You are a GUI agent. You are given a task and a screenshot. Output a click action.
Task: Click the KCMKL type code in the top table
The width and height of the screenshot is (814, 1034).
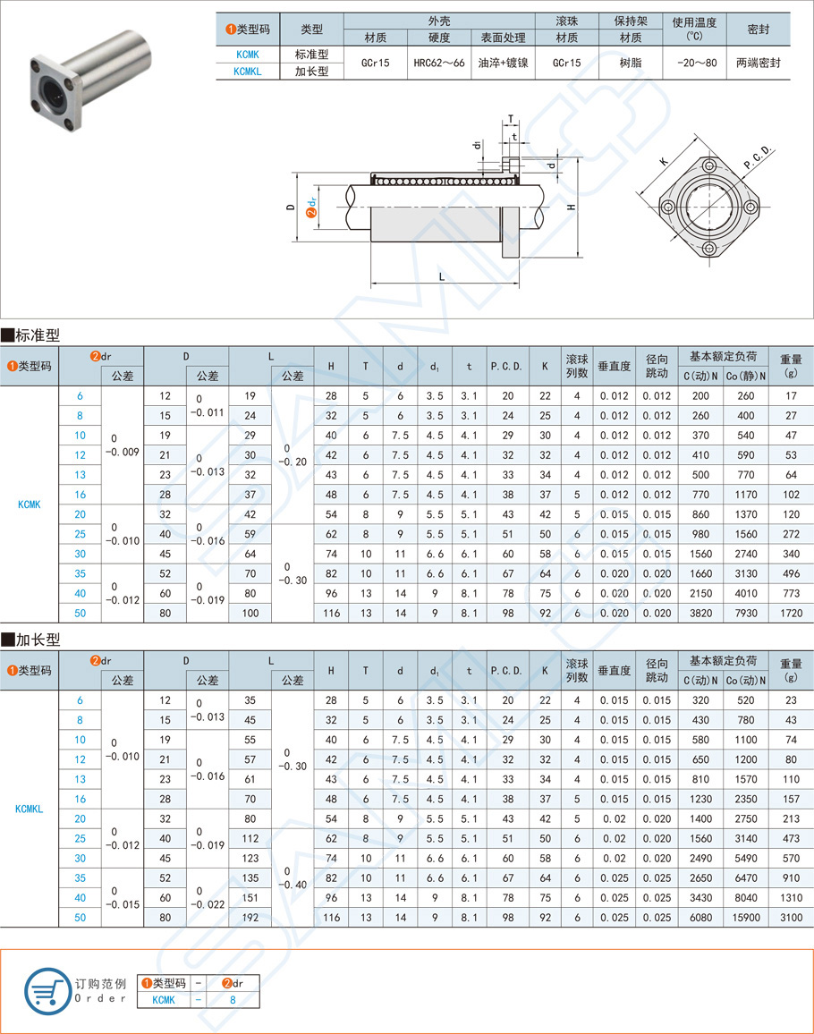pyautogui.click(x=247, y=72)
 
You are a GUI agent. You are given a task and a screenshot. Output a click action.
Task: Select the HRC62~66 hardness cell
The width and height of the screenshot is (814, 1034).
pyautogui.click(x=438, y=64)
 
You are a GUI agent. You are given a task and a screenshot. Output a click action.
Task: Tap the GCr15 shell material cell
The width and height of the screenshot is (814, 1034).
pyautogui.click(x=375, y=64)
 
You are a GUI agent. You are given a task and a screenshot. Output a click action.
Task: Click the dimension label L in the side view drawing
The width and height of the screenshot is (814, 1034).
pyautogui.click(x=442, y=276)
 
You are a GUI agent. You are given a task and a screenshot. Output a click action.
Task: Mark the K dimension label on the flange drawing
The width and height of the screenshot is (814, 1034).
pyautogui.click(x=663, y=162)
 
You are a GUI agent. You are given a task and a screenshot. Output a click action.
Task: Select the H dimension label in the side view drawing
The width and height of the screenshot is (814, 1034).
pyautogui.click(x=572, y=207)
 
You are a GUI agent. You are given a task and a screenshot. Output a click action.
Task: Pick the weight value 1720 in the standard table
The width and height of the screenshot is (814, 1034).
pyautogui.click(x=790, y=613)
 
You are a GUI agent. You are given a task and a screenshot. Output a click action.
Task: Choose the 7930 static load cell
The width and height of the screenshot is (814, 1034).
pyautogui.click(x=745, y=613)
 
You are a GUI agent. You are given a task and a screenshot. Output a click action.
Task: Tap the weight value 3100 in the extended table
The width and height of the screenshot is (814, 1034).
pyautogui.click(x=790, y=917)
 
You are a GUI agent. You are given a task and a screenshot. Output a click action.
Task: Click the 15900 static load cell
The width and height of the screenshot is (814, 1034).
pyautogui.click(x=745, y=917)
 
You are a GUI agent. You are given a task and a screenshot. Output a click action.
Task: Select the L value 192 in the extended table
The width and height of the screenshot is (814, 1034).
pyautogui.click(x=250, y=917)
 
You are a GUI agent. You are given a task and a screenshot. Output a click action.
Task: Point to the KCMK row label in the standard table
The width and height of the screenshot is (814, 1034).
pyautogui.click(x=30, y=504)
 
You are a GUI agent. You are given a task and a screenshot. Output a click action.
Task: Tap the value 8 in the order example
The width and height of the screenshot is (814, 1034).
pyautogui.click(x=233, y=1001)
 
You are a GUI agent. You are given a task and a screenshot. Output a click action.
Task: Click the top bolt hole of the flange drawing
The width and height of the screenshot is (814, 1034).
pyautogui.click(x=709, y=167)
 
